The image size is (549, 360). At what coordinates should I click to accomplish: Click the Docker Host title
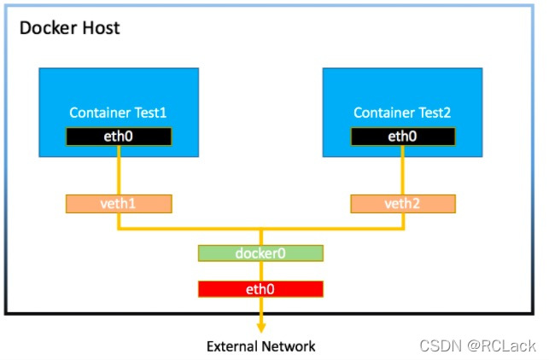click(x=69, y=27)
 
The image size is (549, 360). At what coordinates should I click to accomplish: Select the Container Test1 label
click(x=118, y=113)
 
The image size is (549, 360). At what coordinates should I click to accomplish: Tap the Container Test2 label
click(x=402, y=113)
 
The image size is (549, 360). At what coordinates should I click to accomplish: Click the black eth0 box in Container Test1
click(x=119, y=136)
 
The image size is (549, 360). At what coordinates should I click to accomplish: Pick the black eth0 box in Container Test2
click(x=403, y=136)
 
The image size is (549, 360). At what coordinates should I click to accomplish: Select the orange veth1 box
click(x=119, y=204)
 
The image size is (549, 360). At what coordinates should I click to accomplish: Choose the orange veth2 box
click(x=403, y=204)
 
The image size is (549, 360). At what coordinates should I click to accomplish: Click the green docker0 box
click(x=260, y=253)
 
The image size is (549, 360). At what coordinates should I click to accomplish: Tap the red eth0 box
click(x=260, y=289)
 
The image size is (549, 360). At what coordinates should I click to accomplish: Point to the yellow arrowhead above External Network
click(x=261, y=327)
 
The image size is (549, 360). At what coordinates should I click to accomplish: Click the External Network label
click(x=261, y=346)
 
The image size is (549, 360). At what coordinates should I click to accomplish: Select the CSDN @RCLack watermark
click(x=477, y=345)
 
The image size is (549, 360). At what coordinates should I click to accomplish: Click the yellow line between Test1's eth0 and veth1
click(x=119, y=170)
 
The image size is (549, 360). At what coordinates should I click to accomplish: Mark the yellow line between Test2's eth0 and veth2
click(x=403, y=170)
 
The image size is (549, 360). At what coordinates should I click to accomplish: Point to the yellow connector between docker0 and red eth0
click(x=261, y=271)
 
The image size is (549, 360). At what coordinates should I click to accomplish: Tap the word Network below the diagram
click(x=288, y=346)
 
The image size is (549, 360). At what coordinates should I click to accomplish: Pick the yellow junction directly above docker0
click(x=261, y=229)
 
